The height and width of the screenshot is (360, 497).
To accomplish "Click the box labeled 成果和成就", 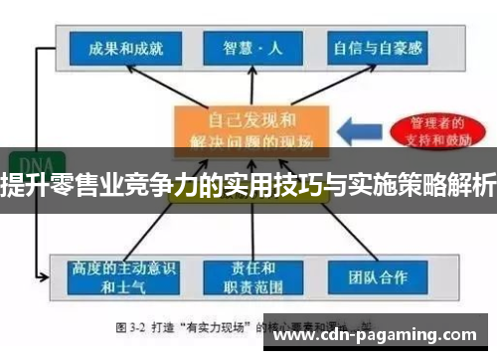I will pos(118,48).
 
